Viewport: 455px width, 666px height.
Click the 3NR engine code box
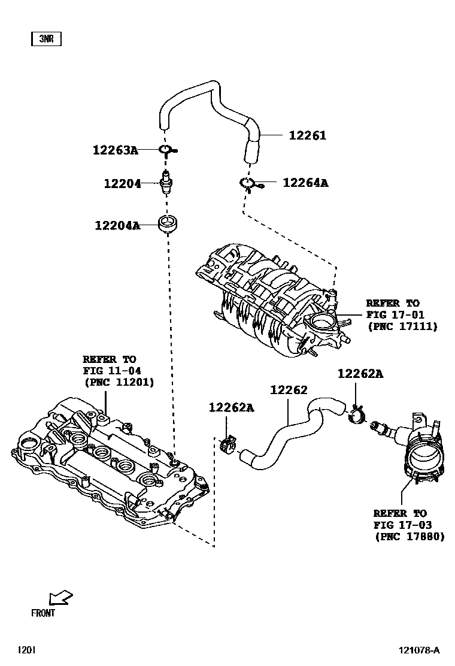pos(46,40)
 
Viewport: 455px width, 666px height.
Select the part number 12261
pos(307,135)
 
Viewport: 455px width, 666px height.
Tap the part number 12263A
pos(115,150)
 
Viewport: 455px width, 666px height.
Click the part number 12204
pos(122,184)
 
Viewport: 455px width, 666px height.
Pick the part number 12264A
pos(305,183)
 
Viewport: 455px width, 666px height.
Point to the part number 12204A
pos(117,226)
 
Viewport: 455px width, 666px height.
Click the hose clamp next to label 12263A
pos(168,150)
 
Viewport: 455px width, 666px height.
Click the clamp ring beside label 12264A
pos(248,183)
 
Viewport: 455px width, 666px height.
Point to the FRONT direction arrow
pos(60,598)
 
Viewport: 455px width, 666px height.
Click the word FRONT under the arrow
pos(43,613)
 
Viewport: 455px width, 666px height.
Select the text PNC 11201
pos(119,382)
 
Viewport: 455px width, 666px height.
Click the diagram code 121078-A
pos(420,650)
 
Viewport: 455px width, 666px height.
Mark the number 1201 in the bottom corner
pos(26,650)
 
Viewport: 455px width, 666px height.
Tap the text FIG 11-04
pos(112,370)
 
